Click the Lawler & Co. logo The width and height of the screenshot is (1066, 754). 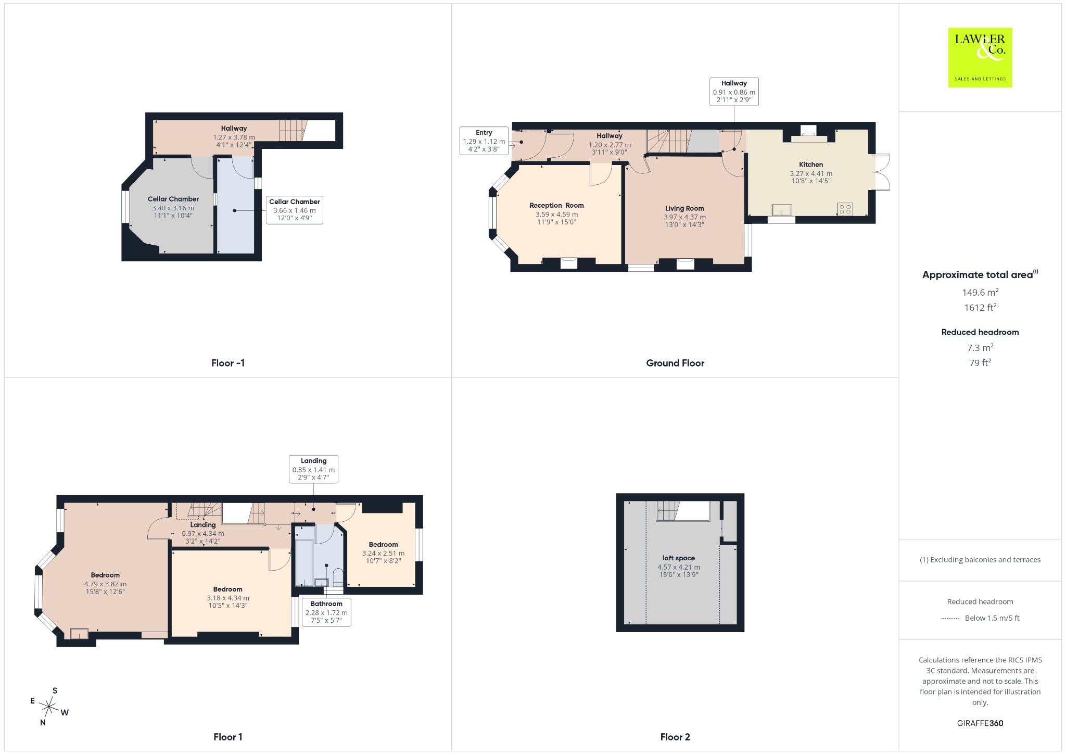(980, 57)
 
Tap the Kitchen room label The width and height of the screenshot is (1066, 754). (811, 165)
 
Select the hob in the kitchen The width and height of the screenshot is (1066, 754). (845, 209)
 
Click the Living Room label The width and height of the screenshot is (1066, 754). (684, 208)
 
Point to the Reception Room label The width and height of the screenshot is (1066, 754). (556, 205)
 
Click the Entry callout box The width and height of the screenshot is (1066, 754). (484, 141)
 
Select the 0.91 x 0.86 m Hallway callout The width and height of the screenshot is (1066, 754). (734, 92)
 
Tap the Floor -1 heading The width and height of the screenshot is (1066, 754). (228, 363)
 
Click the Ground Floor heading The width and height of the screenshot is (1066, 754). (675, 363)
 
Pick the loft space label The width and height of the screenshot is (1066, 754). (679, 558)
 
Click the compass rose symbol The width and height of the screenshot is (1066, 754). (49, 707)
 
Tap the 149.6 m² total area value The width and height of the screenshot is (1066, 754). (980, 292)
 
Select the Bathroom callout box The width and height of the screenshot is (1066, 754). (326, 612)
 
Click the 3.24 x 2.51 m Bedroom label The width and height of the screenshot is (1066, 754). (384, 553)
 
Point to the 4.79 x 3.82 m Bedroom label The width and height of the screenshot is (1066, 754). (105, 583)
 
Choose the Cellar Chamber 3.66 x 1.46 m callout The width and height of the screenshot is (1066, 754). (295, 210)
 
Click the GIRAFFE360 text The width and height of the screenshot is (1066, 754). (980, 723)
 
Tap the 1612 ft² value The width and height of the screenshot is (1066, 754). (980, 307)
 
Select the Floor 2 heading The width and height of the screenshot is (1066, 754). (675, 737)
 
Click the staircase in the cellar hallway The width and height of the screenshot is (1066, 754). (293, 130)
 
